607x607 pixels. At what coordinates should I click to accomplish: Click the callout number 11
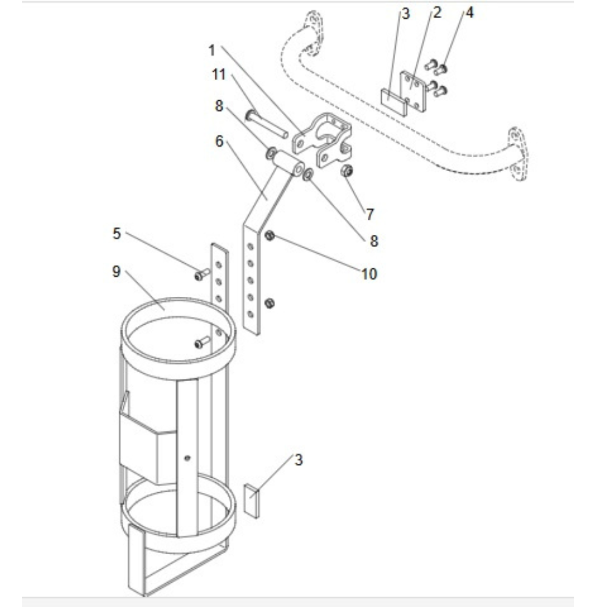pyautogui.click(x=219, y=75)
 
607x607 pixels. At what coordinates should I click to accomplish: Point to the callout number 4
pyautogui.click(x=470, y=13)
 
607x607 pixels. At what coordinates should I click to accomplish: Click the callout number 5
pyautogui.click(x=117, y=233)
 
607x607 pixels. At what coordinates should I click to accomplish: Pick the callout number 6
pyautogui.click(x=219, y=141)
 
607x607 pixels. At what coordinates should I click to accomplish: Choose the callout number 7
pyautogui.click(x=370, y=214)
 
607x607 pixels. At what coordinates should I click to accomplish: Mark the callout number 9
pyautogui.click(x=117, y=271)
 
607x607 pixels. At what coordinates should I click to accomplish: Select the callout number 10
pyautogui.click(x=369, y=274)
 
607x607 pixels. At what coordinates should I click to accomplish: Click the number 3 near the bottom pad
pyautogui.click(x=298, y=459)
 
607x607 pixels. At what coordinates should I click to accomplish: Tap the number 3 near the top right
pyautogui.click(x=406, y=14)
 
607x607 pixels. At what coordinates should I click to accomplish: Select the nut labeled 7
pyautogui.click(x=347, y=171)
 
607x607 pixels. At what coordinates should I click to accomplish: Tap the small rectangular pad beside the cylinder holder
pyautogui.click(x=251, y=500)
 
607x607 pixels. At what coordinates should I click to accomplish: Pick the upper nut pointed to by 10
pyautogui.click(x=270, y=236)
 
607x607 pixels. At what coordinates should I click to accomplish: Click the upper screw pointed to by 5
pyautogui.click(x=201, y=275)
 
